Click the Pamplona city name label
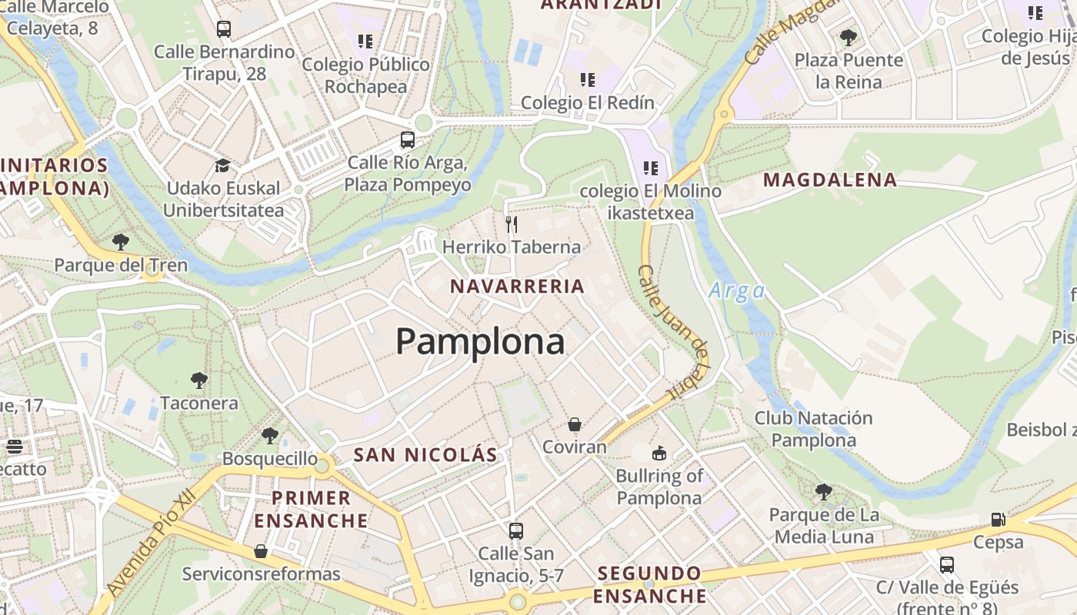(x=480, y=341)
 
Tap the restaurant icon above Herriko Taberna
(x=512, y=224)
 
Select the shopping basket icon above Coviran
(x=574, y=424)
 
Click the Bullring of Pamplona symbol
(x=659, y=454)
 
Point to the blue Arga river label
(x=737, y=291)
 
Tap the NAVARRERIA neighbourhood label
(x=517, y=287)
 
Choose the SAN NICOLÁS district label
(x=425, y=454)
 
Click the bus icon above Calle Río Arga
(x=408, y=140)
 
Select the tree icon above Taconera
(x=199, y=380)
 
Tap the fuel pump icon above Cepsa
(x=999, y=520)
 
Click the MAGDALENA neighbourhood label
(x=829, y=180)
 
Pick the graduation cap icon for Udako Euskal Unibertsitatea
(x=222, y=165)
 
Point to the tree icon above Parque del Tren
(x=121, y=242)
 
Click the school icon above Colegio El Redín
(x=588, y=79)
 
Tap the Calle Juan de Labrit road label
(x=674, y=331)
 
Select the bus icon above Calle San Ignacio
(x=516, y=530)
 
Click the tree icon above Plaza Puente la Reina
(x=849, y=37)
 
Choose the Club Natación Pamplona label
(x=813, y=429)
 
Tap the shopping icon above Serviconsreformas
(x=261, y=551)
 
